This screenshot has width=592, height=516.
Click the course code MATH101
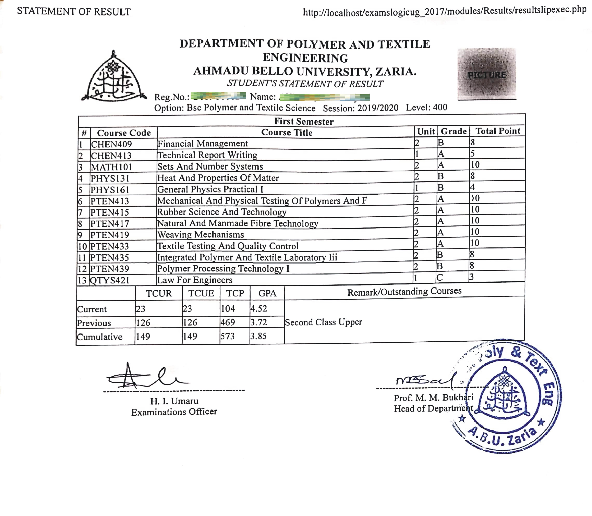111,167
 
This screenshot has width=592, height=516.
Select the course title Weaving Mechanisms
200,235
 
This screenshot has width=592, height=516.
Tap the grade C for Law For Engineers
439,278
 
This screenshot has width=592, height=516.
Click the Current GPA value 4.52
259,309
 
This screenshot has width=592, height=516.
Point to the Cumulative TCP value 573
227,336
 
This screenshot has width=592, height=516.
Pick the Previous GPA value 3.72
259,322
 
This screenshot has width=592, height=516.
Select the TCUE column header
201,293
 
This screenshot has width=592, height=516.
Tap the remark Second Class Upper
323,322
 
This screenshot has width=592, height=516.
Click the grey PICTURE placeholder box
487,74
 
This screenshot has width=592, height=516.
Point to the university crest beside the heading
114,78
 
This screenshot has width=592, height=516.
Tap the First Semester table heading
304,122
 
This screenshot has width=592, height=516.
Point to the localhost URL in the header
445,11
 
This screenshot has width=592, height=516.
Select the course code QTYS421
110,280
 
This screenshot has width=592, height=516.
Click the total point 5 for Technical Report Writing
472,154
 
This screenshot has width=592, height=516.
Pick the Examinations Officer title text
174,412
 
